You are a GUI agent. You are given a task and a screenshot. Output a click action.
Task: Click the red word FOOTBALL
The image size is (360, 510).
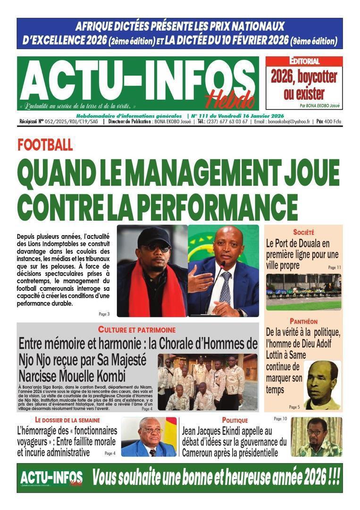point(45,144)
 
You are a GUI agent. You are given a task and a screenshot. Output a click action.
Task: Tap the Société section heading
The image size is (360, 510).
point(303,232)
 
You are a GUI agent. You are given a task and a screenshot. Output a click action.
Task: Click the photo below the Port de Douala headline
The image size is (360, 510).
point(303,292)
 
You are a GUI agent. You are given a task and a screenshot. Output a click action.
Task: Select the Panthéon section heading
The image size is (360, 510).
point(303,321)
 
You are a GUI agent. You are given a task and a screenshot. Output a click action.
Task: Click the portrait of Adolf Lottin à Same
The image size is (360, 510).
point(322,385)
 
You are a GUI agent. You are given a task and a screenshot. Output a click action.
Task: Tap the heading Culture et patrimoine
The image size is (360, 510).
point(137,330)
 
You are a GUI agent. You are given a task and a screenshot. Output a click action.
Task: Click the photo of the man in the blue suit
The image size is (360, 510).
point(149,437)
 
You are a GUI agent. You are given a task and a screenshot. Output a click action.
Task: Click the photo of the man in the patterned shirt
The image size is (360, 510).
point(316,437)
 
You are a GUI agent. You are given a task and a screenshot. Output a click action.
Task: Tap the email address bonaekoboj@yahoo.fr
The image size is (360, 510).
point(289,121)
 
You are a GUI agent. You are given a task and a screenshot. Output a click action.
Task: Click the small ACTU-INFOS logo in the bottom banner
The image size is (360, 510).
point(51,478)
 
